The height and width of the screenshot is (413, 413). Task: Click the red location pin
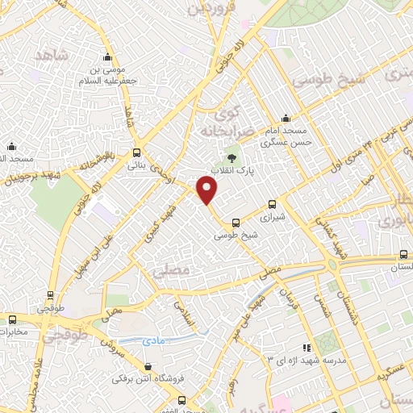click(207, 190)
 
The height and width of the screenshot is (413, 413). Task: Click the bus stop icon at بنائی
click(137, 152)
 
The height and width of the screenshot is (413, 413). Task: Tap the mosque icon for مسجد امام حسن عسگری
click(284, 118)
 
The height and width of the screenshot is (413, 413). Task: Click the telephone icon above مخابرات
click(11, 319)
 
